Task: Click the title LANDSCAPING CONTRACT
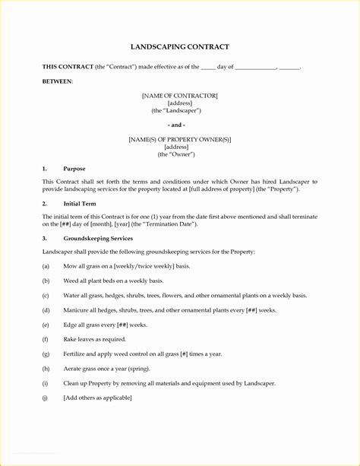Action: coord(179,47)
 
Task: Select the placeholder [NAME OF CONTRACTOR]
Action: coord(180,95)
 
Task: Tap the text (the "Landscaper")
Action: coord(180,110)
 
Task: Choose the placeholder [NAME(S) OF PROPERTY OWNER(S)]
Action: coord(180,139)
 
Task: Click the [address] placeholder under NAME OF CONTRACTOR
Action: coord(180,103)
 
